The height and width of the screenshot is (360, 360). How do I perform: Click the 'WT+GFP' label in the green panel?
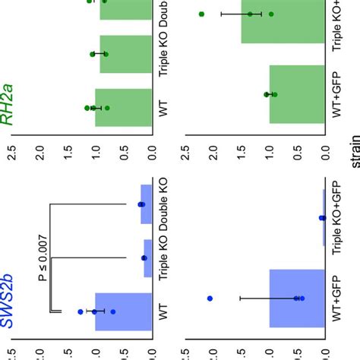tap(341, 93)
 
